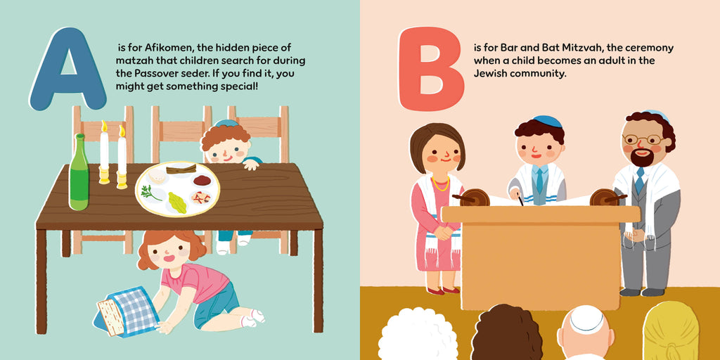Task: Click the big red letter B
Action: point(431,69)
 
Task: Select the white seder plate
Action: point(177,188)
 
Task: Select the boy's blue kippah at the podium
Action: point(547,121)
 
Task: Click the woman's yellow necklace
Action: point(440,185)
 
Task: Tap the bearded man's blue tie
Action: point(639,180)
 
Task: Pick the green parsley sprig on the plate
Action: point(151,193)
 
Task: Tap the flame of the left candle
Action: point(104,126)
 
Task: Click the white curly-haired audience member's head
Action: point(418,334)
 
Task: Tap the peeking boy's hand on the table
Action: point(251,164)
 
